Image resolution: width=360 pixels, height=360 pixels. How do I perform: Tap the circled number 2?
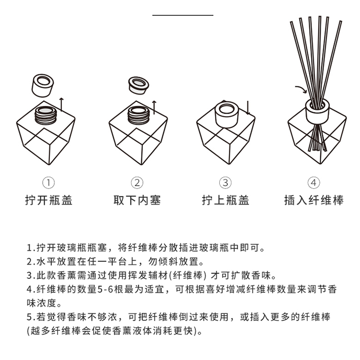(137, 183)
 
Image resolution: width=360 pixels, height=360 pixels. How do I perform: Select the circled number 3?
(225, 183)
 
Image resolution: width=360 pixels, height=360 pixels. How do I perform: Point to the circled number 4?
(313, 183)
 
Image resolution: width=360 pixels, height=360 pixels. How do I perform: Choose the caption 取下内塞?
(137, 200)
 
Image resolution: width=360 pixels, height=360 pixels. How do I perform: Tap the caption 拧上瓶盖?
(225, 200)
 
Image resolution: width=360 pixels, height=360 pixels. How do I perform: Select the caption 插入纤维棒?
(313, 200)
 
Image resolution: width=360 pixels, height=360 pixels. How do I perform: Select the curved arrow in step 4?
(301, 90)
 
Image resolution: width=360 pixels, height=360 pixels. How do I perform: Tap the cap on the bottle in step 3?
(226, 114)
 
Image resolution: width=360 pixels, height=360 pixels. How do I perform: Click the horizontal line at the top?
(183, 15)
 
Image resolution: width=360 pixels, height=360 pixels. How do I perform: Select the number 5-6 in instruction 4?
(106, 290)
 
